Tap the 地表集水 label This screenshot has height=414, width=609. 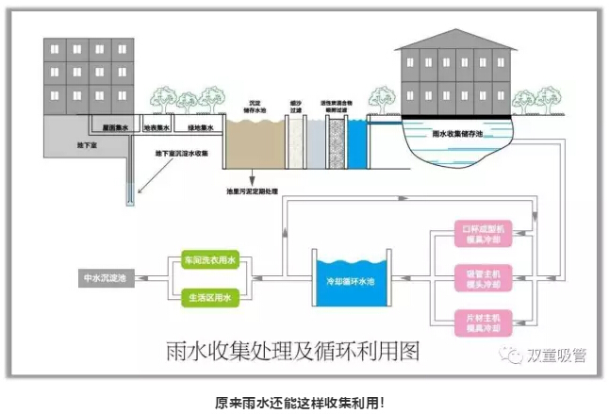click(x=156, y=127)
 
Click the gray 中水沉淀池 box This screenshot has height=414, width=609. click(x=103, y=278)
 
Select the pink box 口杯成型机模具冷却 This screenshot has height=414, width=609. click(x=485, y=235)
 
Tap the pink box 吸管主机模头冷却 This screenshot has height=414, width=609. click(x=485, y=278)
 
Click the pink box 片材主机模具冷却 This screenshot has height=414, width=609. click(x=485, y=322)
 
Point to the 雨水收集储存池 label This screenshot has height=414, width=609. click(x=461, y=134)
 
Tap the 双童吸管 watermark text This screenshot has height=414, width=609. click(x=559, y=355)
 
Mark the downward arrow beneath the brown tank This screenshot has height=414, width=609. click(x=254, y=178)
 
